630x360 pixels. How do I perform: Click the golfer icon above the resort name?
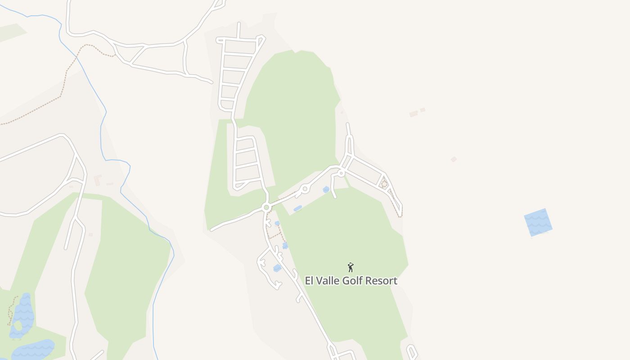click(x=351, y=267)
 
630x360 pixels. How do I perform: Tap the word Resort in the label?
click(x=381, y=281)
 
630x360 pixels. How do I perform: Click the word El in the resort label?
click(x=309, y=281)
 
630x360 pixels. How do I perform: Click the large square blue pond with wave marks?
click(x=538, y=222)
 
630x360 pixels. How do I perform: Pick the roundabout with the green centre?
click(x=266, y=207)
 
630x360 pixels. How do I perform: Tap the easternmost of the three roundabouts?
click(x=341, y=173)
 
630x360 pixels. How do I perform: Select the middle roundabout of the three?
click(x=305, y=189)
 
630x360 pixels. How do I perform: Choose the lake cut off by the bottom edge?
click(x=34, y=350)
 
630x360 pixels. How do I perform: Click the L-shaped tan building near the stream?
click(x=97, y=180)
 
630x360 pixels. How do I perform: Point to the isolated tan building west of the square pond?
click(x=454, y=159)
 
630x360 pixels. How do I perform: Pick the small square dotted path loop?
click(x=384, y=183)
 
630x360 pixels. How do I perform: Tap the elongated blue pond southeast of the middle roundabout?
click(x=297, y=208)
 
